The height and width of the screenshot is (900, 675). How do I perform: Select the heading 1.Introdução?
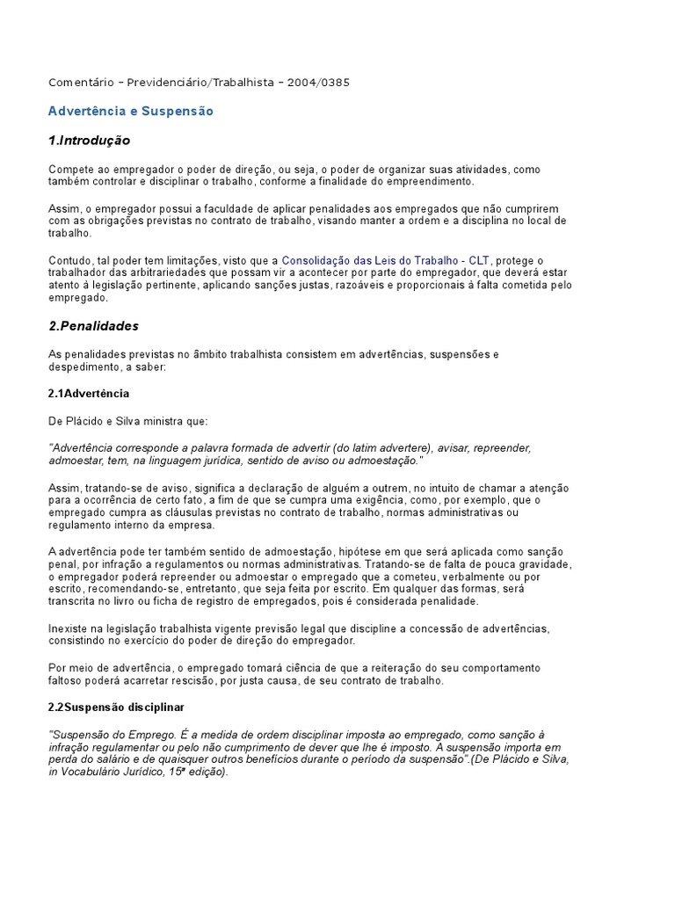(x=90, y=141)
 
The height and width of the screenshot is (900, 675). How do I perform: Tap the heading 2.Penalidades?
(x=94, y=326)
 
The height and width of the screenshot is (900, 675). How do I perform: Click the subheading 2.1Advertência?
(x=89, y=393)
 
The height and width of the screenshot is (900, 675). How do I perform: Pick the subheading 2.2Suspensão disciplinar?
(x=116, y=707)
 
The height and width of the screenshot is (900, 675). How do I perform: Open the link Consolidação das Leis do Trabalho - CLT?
(x=386, y=261)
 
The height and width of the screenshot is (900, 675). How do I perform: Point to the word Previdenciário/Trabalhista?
(x=200, y=83)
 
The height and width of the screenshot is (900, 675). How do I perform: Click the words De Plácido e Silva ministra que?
(x=128, y=422)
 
